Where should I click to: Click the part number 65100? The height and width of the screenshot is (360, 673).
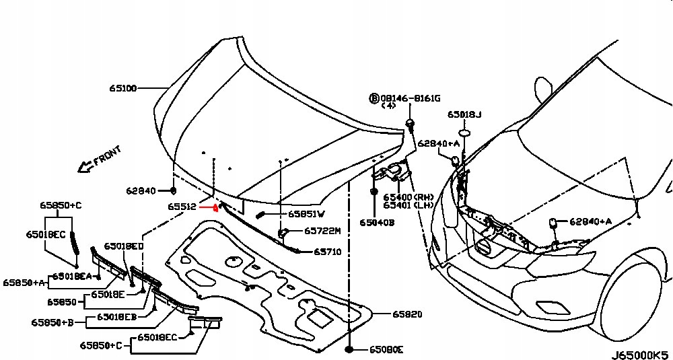click(x=123, y=88)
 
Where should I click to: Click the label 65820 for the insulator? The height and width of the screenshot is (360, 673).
click(x=408, y=314)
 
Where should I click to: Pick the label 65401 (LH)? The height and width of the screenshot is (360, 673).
click(x=407, y=205)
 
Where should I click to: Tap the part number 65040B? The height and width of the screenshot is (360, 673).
click(x=376, y=222)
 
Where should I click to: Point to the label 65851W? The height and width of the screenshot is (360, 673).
click(x=306, y=214)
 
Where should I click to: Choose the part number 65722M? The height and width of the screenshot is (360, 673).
click(x=322, y=231)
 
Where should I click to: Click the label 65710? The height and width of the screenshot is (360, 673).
click(x=328, y=252)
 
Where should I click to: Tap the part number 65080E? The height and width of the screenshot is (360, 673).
click(x=386, y=349)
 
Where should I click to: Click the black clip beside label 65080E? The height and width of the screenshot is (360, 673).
click(x=349, y=349)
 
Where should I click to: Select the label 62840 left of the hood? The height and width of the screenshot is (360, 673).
click(x=141, y=191)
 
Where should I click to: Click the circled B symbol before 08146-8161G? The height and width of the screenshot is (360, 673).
click(x=374, y=98)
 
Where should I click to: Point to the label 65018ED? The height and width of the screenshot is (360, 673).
click(x=124, y=246)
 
